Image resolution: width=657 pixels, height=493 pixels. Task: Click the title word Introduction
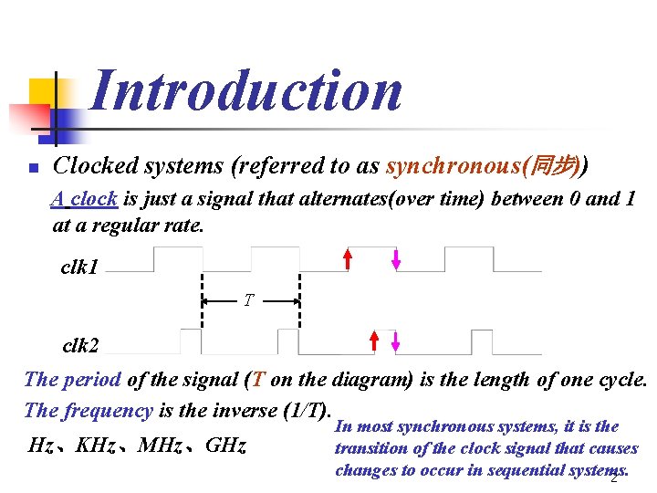click(x=246, y=91)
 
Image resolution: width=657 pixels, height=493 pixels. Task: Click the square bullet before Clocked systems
click(x=31, y=169)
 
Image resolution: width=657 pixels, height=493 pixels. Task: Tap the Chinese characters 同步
click(x=556, y=166)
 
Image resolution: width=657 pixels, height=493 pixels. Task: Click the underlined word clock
click(x=94, y=199)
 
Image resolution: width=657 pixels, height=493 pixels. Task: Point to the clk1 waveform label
click(x=80, y=267)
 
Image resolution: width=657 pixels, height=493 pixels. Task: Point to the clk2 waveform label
click(x=80, y=346)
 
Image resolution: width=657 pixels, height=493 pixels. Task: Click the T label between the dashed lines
click(x=248, y=299)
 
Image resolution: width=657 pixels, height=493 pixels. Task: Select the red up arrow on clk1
click(x=348, y=259)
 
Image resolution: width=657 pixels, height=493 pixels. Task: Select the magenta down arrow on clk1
click(x=395, y=259)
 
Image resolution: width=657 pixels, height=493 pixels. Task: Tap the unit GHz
click(x=226, y=446)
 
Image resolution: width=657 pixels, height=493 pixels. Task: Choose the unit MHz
click(x=162, y=446)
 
